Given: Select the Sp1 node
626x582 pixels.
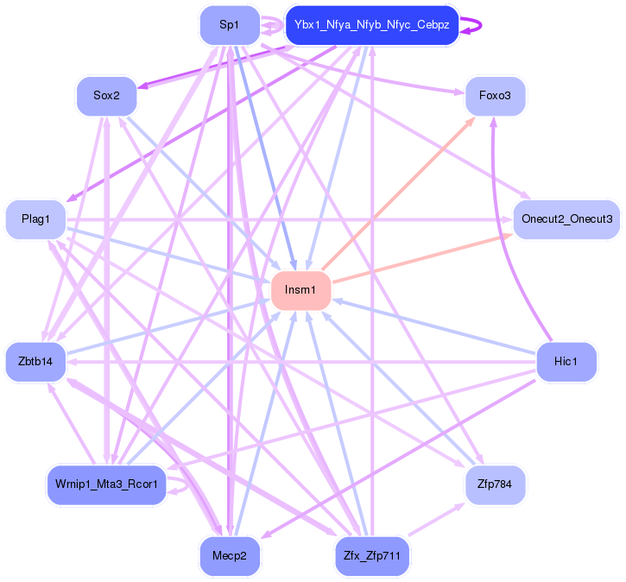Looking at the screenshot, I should click(x=229, y=25).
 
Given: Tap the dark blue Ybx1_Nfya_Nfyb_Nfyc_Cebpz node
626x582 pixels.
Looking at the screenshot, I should click(x=371, y=25).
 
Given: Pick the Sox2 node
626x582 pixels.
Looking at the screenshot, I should click(x=106, y=96).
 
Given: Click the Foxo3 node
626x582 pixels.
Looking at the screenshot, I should click(x=495, y=96).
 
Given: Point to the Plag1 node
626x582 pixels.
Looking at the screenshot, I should click(x=35, y=219).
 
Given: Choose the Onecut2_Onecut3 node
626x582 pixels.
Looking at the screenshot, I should click(x=566, y=219).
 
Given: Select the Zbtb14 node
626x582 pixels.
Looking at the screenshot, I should click(x=35, y=361).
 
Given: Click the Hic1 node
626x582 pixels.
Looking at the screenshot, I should click(x=566, y=361).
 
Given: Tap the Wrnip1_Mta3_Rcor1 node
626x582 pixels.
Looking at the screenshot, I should click(x=106, y=484).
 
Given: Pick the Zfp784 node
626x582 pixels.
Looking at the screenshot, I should click(x=495, y=484).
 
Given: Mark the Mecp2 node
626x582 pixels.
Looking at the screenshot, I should click(x=229, y=556).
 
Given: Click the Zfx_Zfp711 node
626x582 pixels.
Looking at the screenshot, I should click(x=371, y=556).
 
